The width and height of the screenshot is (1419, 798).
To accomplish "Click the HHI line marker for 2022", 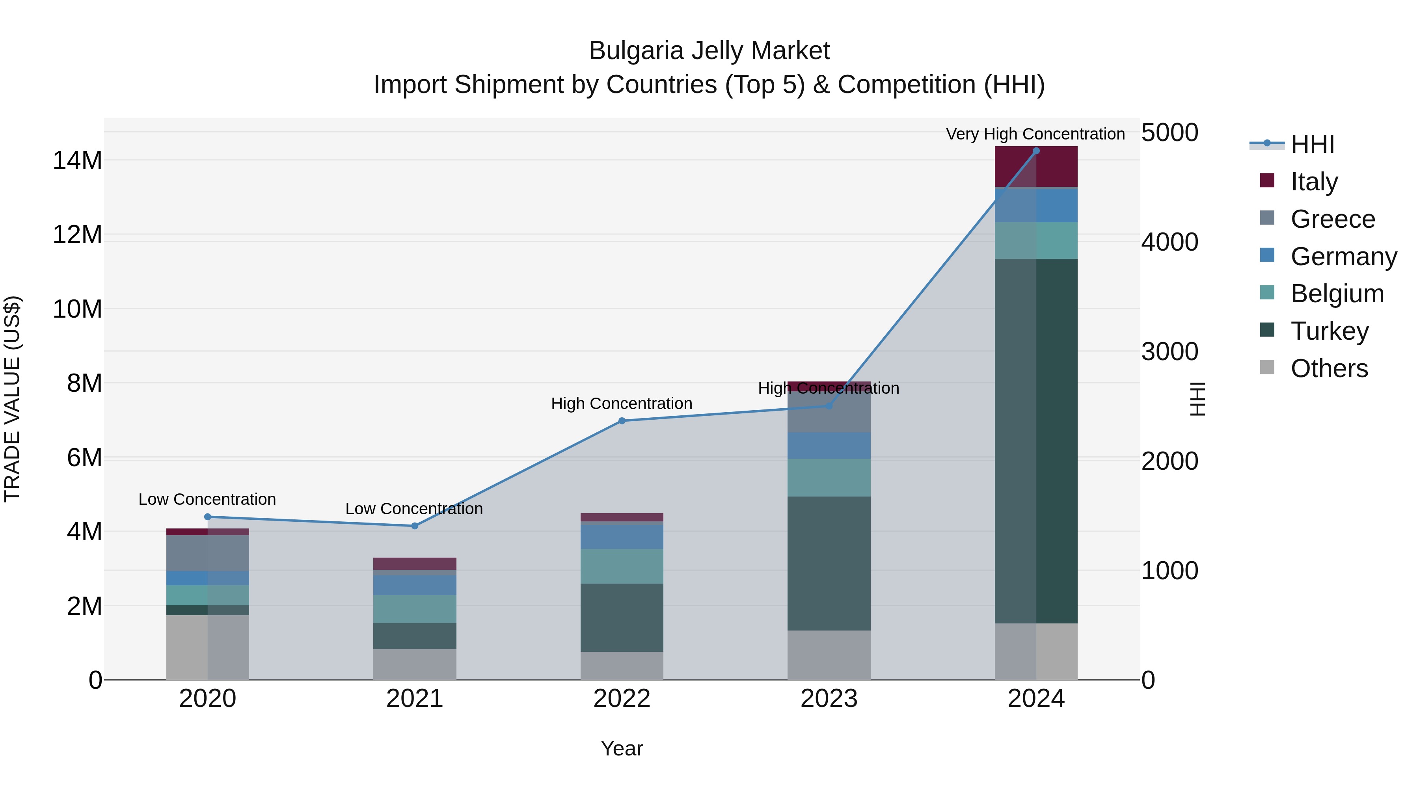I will pyautogui.click(x=622, y=421).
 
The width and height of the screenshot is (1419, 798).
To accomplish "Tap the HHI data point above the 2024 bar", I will pyautogui.click(x=1036, y=151).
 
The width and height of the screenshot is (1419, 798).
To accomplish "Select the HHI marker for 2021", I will pyautogui.click(x=415, y=526).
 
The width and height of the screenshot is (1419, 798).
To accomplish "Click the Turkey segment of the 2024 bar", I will pyautogui.click(x=1036, y=441).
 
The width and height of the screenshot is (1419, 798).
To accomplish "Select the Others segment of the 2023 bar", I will pyautogui.click(x=829, y=655).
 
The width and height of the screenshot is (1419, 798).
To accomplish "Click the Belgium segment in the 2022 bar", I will pyautogui.click(x=622, y=566).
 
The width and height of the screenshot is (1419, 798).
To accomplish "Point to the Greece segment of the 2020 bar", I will pyautogui.click(x=208, y=553).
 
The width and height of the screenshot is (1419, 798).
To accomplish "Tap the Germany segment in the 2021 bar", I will pyautogui.click(x=415, y=585).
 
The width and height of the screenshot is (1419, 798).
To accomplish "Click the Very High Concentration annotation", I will pyautogui.click(x=1035, y=134).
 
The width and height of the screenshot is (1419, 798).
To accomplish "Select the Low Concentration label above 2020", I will pyautogui.click(x=207, y=500).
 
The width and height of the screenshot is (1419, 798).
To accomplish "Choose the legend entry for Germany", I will pyautogui.click(x=1343, y=257).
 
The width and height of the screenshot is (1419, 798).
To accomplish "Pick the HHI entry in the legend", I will pyautogui.click(x=1312, y=144).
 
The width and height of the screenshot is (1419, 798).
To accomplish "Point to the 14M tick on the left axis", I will pyautogui.click(x=77, y=161).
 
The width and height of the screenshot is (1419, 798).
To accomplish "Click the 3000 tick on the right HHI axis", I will pyautogui.click(x=1169, y=352).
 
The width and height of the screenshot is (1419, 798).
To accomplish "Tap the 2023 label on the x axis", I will pyautogui.click(x=829, y=699).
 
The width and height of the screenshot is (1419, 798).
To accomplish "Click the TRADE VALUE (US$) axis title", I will pyautogui.click(x=12, y=399).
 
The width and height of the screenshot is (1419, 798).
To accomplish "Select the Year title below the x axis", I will pyautogui.click(x=622, y=748).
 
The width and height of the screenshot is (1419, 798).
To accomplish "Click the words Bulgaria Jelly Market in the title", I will pyautogui.click(x=709, y=51).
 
